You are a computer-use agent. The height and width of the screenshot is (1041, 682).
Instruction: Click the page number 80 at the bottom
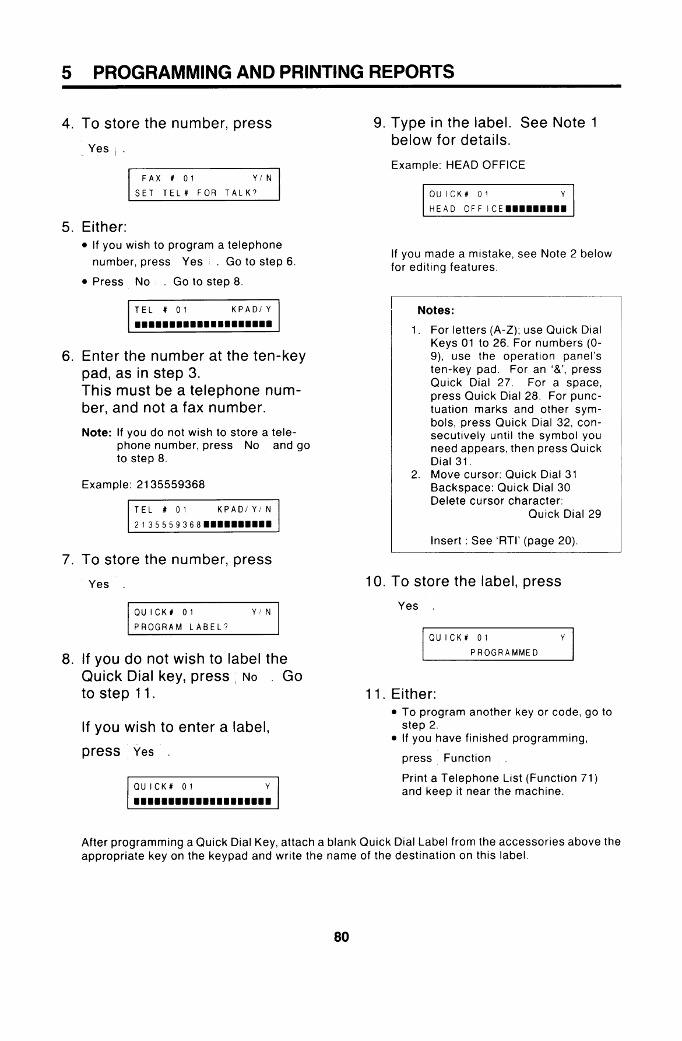[x=341, y=937]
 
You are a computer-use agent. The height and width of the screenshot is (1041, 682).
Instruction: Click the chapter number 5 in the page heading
[x=67, y=72]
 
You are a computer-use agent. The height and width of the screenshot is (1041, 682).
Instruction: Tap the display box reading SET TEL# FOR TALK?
[x=203, y=185]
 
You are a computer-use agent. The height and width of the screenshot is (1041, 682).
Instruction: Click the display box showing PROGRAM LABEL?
[x=203, y=619]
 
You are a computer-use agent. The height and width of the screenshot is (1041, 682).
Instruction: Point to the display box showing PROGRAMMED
[x=498, y=644]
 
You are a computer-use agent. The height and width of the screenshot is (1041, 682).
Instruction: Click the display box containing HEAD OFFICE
[x=498, y=201]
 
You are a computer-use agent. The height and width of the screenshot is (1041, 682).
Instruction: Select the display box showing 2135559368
[x=203, y=516]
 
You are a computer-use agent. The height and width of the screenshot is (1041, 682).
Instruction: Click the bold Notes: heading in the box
[x=435, y=310]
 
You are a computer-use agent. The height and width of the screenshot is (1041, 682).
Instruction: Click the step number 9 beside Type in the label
[x=379, y=123]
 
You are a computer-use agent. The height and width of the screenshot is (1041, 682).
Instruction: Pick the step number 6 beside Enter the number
[x=68, y=356]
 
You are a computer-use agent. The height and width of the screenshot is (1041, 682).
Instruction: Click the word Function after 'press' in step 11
[x=467, y=758]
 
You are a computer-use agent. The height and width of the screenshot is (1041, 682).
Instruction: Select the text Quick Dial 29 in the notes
[x=564, y=514]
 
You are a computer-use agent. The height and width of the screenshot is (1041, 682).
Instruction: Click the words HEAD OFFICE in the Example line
[x=486, y=165]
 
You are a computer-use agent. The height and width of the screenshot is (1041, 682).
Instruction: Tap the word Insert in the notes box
[x=446, y=540]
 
